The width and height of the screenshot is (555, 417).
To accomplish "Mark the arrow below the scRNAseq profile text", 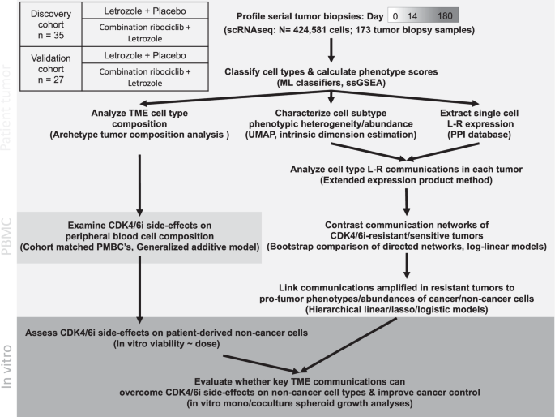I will point(331,54).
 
